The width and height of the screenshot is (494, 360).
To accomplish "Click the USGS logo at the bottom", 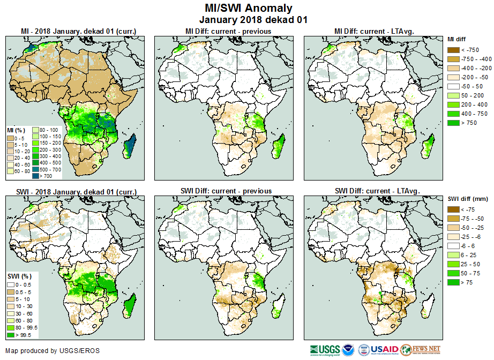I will (325, 350).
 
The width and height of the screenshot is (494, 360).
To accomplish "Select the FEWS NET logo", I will (421, 350).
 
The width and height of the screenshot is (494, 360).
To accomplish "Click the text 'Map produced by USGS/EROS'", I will (52, 351).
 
